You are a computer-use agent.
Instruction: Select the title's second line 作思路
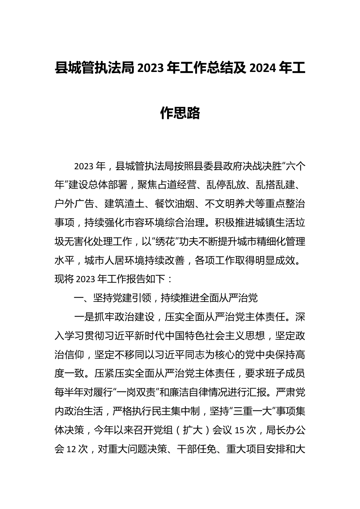(180, 113)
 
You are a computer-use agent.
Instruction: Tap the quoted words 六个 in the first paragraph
(295, 166)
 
